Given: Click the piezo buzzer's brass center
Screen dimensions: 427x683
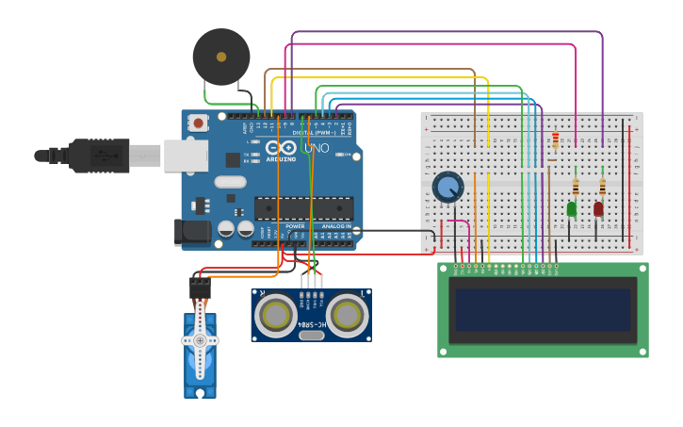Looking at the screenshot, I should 221,57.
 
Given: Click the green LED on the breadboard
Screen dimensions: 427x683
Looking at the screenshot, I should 571,208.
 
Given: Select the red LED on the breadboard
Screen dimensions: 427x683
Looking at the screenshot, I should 598,208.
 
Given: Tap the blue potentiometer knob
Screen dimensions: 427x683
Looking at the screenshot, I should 447,188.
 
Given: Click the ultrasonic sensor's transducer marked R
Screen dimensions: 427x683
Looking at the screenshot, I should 275,316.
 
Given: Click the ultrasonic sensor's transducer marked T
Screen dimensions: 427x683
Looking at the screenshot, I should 348,316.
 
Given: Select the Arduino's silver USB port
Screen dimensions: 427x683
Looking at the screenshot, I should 186,156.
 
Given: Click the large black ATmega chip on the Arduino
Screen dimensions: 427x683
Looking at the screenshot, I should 303,208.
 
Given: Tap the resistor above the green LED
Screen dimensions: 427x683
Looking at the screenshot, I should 576,186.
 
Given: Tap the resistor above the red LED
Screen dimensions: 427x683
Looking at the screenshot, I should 602,186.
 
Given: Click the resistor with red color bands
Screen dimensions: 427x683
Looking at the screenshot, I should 555,140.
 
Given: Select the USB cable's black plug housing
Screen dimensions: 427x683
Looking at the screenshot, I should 99,156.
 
